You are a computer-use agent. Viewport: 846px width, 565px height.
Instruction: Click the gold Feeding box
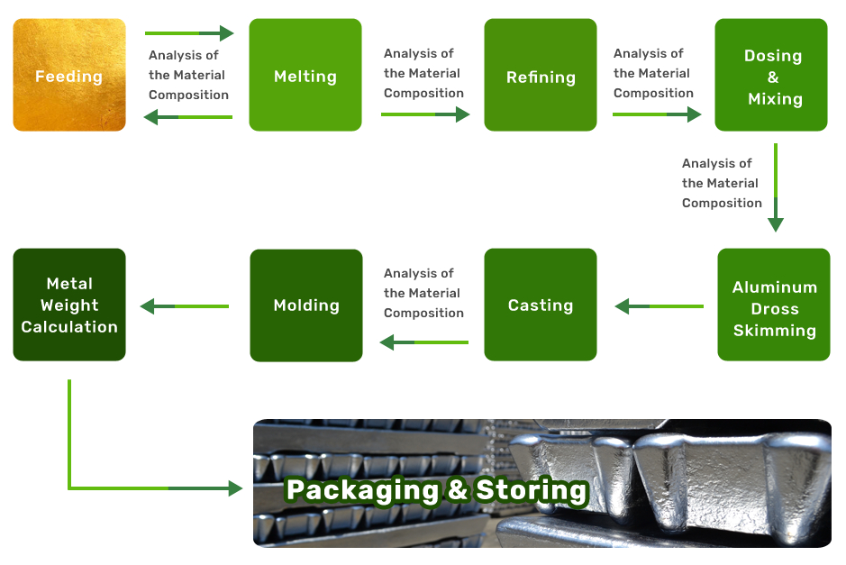[x=69, y=76]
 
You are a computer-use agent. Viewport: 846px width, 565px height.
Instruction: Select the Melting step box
[x=305, y=76]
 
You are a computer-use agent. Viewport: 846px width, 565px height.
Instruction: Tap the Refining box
[x=540, y=76]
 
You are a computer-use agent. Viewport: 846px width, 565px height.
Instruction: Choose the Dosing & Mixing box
[x=771, y=76]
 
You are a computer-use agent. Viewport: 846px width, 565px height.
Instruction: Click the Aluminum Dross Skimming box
[x=774, y=305]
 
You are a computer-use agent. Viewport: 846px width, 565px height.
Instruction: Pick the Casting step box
[x=540, y=305]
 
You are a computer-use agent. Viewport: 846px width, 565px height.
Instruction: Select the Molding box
[x=305, y=305]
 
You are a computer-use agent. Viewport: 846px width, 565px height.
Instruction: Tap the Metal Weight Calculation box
[x=69, y=305]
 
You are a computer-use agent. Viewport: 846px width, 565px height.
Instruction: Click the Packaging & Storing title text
[x=437, y=490]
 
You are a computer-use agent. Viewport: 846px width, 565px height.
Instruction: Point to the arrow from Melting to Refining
[x=425, y=114]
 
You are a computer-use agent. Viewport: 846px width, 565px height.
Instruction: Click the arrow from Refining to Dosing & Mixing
[x=657, y=114]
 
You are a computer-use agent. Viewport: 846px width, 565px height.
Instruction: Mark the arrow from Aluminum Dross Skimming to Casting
[x=660, y=306]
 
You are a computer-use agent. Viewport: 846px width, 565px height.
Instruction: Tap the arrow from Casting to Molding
[x=424, y=342]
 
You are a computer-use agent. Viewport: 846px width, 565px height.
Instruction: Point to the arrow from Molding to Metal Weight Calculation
[x=186, y=306]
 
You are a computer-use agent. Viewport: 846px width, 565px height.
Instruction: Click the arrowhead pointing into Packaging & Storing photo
[x=235, y=488]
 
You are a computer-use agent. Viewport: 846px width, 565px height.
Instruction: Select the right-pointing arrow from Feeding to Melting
[x=189, y=34]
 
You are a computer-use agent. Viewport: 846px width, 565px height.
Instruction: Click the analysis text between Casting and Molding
[x=423, y=293]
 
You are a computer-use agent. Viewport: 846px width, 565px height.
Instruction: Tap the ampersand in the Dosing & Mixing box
[x=773, y=77]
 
